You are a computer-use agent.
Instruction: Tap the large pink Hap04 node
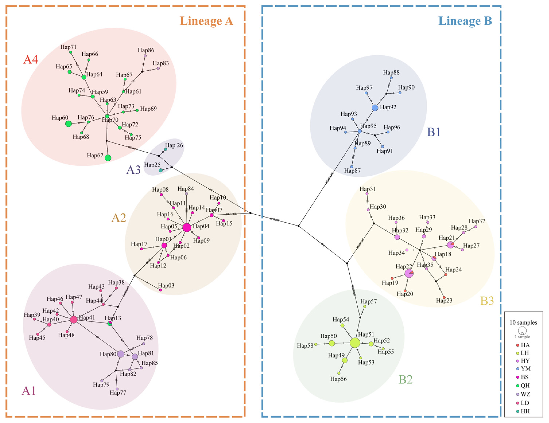click(x=187, y=228)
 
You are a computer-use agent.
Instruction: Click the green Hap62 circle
click(x=108, y=158)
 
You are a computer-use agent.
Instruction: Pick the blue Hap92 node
click(x=375, y=107)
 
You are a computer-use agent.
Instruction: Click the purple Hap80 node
click(x=121, y=354)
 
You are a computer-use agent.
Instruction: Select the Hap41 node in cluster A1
click(x=74, y=320)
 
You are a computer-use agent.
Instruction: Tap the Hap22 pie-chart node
click(x=409, y=273)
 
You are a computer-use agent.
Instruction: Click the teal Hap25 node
click(x=161, y=170)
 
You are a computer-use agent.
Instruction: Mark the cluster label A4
click(x=31, y=60)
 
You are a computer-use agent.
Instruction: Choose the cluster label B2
click(x=406, y=379)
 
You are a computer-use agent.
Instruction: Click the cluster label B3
click(x=487, y=301)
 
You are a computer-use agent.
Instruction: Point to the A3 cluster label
click(x=133, y=170)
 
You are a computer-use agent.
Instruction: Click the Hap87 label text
click(x=352, y=171)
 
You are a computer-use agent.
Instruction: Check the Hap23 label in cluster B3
click(x=444, y=301)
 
